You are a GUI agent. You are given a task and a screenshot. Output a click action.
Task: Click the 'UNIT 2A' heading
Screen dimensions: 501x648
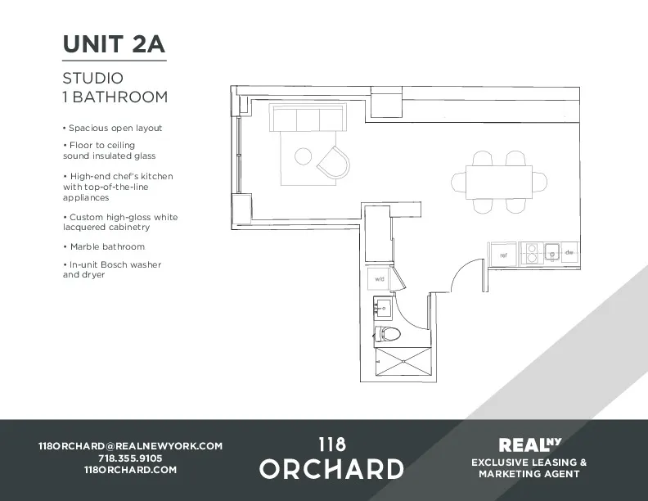click(x=115, y=44)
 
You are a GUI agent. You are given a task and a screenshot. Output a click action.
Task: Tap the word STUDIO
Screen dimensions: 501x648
click(x=92, y=79)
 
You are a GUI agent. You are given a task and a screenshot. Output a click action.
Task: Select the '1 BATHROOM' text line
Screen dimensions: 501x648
click(x=115, y=97)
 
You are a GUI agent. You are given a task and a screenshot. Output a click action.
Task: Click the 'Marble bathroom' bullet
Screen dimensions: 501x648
click(x=106, y=246)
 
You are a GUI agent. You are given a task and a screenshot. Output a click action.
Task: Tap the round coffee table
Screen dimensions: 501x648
click(x=303, y=156)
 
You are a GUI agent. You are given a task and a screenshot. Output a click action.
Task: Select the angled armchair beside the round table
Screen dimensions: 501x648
click(x=333, y=161)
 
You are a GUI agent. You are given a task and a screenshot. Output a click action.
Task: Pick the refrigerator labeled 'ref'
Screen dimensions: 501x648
click(x=504, y=255)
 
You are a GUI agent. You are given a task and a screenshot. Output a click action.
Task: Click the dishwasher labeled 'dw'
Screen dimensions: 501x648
click(x=569, y=253)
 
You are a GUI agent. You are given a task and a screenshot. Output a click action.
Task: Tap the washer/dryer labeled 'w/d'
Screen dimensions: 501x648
click(x=379, y=279)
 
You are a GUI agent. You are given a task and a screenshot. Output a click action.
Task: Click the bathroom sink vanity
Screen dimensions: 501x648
click(x=383, y=309)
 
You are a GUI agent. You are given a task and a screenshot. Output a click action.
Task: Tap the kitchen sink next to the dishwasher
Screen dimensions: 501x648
click(x=551, y=252)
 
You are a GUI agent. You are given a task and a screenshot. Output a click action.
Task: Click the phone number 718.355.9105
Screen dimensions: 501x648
click(x=130, y=458)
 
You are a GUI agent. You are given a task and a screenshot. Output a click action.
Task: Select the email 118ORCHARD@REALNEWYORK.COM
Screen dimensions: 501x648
click(x=130, y=446)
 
